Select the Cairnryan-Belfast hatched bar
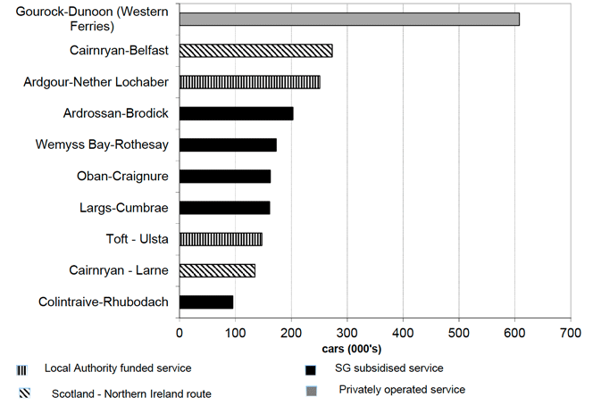pos(256,51)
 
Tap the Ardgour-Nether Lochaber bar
pos(250,82)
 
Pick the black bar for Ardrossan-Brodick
pos(237,113)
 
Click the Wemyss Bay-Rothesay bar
pos(228,145)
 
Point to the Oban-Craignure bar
pos(225,176)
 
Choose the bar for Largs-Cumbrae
pos(225,208)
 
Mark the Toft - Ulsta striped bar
pos(221,239)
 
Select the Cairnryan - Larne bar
pos(217,270)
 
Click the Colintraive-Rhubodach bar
pos(206,302)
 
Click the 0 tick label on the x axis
pos(180,333)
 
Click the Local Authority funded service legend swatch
pos(20,369)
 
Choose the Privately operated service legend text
pos(402,390)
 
